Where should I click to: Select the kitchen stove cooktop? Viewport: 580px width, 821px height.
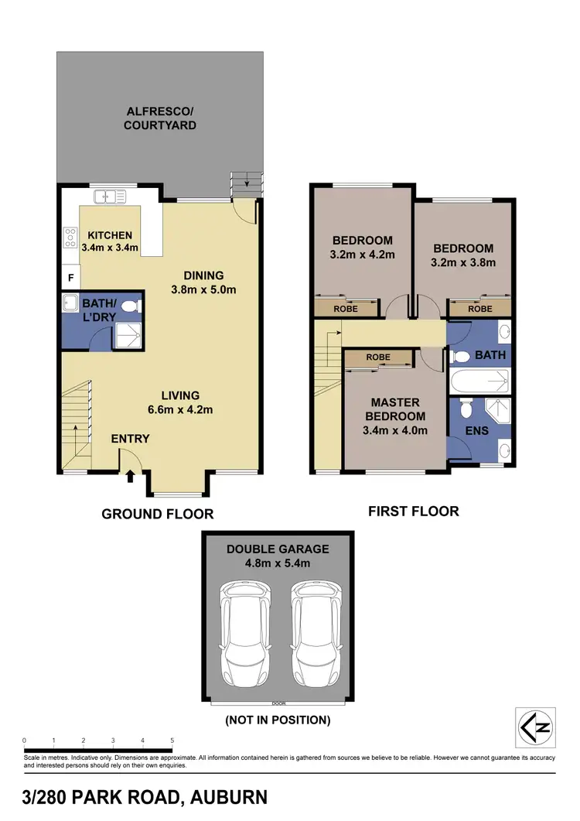[70, 235]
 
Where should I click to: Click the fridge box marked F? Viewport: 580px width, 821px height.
[70, 277]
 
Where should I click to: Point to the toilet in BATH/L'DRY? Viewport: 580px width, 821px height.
[130, 306]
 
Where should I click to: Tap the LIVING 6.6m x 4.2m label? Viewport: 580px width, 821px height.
[180, 402]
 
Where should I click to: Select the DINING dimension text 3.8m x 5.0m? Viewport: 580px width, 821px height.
[203, 289]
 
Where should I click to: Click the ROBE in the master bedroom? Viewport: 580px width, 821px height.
[378, 357]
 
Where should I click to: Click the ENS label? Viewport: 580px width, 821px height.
[477, 430]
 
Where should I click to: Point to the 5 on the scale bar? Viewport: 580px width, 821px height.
[172, 741]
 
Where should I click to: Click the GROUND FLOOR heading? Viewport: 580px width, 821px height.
[158, 514]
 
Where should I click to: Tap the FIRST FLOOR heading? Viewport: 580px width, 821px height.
[415, 511]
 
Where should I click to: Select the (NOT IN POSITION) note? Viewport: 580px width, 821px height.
[278, 720]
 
